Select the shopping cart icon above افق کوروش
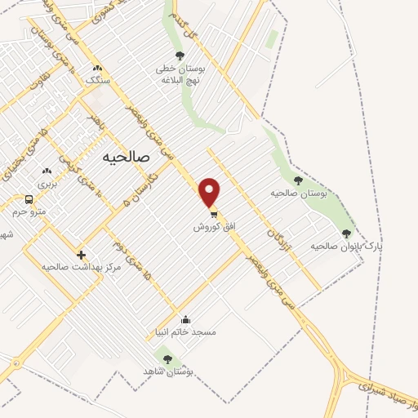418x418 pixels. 214,213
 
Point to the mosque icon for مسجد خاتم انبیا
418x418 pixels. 185,319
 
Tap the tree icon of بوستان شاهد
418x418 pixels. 168,358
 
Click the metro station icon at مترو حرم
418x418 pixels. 29,199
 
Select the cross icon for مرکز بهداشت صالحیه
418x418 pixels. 81,255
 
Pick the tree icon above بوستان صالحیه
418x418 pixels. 298,180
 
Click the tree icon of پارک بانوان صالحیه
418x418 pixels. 346,233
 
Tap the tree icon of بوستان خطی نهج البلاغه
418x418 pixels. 180,56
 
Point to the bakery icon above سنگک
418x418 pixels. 97,68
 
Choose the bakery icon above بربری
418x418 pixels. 47,171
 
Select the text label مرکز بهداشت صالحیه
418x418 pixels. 76,267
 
